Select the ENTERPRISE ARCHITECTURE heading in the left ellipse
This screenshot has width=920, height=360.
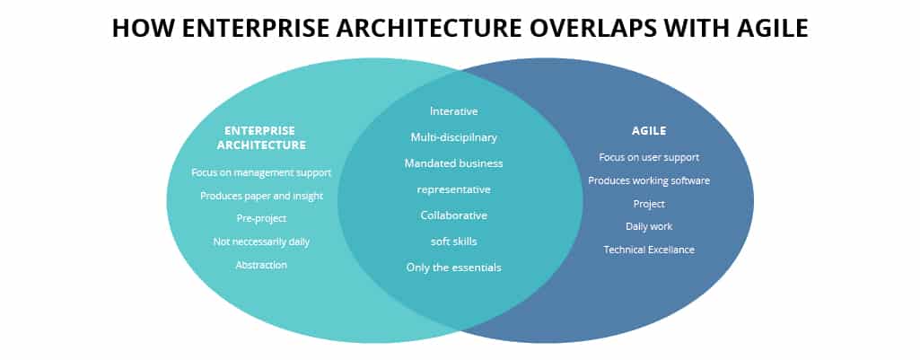click(261, 137)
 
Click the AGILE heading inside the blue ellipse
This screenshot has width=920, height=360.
click(649, 130)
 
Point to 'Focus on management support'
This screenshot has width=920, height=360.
click(261, 172)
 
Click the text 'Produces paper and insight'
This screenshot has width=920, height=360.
click(261, 196)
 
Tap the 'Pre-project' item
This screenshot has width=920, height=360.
click(261, 218)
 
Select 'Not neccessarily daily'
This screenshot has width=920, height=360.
click(261, 241)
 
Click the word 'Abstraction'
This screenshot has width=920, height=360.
click(261, 265)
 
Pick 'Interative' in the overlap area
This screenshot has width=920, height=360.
click(453, 111)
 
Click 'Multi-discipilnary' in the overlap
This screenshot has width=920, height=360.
click(453, 137)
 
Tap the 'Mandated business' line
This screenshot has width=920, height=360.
click(453, 163)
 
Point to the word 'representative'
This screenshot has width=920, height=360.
click(453, 189)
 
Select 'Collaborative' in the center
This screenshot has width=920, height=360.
click(453, 215)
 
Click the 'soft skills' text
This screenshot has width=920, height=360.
click(453, 241)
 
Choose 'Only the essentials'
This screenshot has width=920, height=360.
click(453, 268)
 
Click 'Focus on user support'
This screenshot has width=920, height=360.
click(649, 157)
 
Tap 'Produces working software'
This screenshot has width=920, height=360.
click(649, 180)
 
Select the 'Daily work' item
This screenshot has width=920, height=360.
click(649, 226)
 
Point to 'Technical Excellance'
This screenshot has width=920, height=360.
click(649, 250)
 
